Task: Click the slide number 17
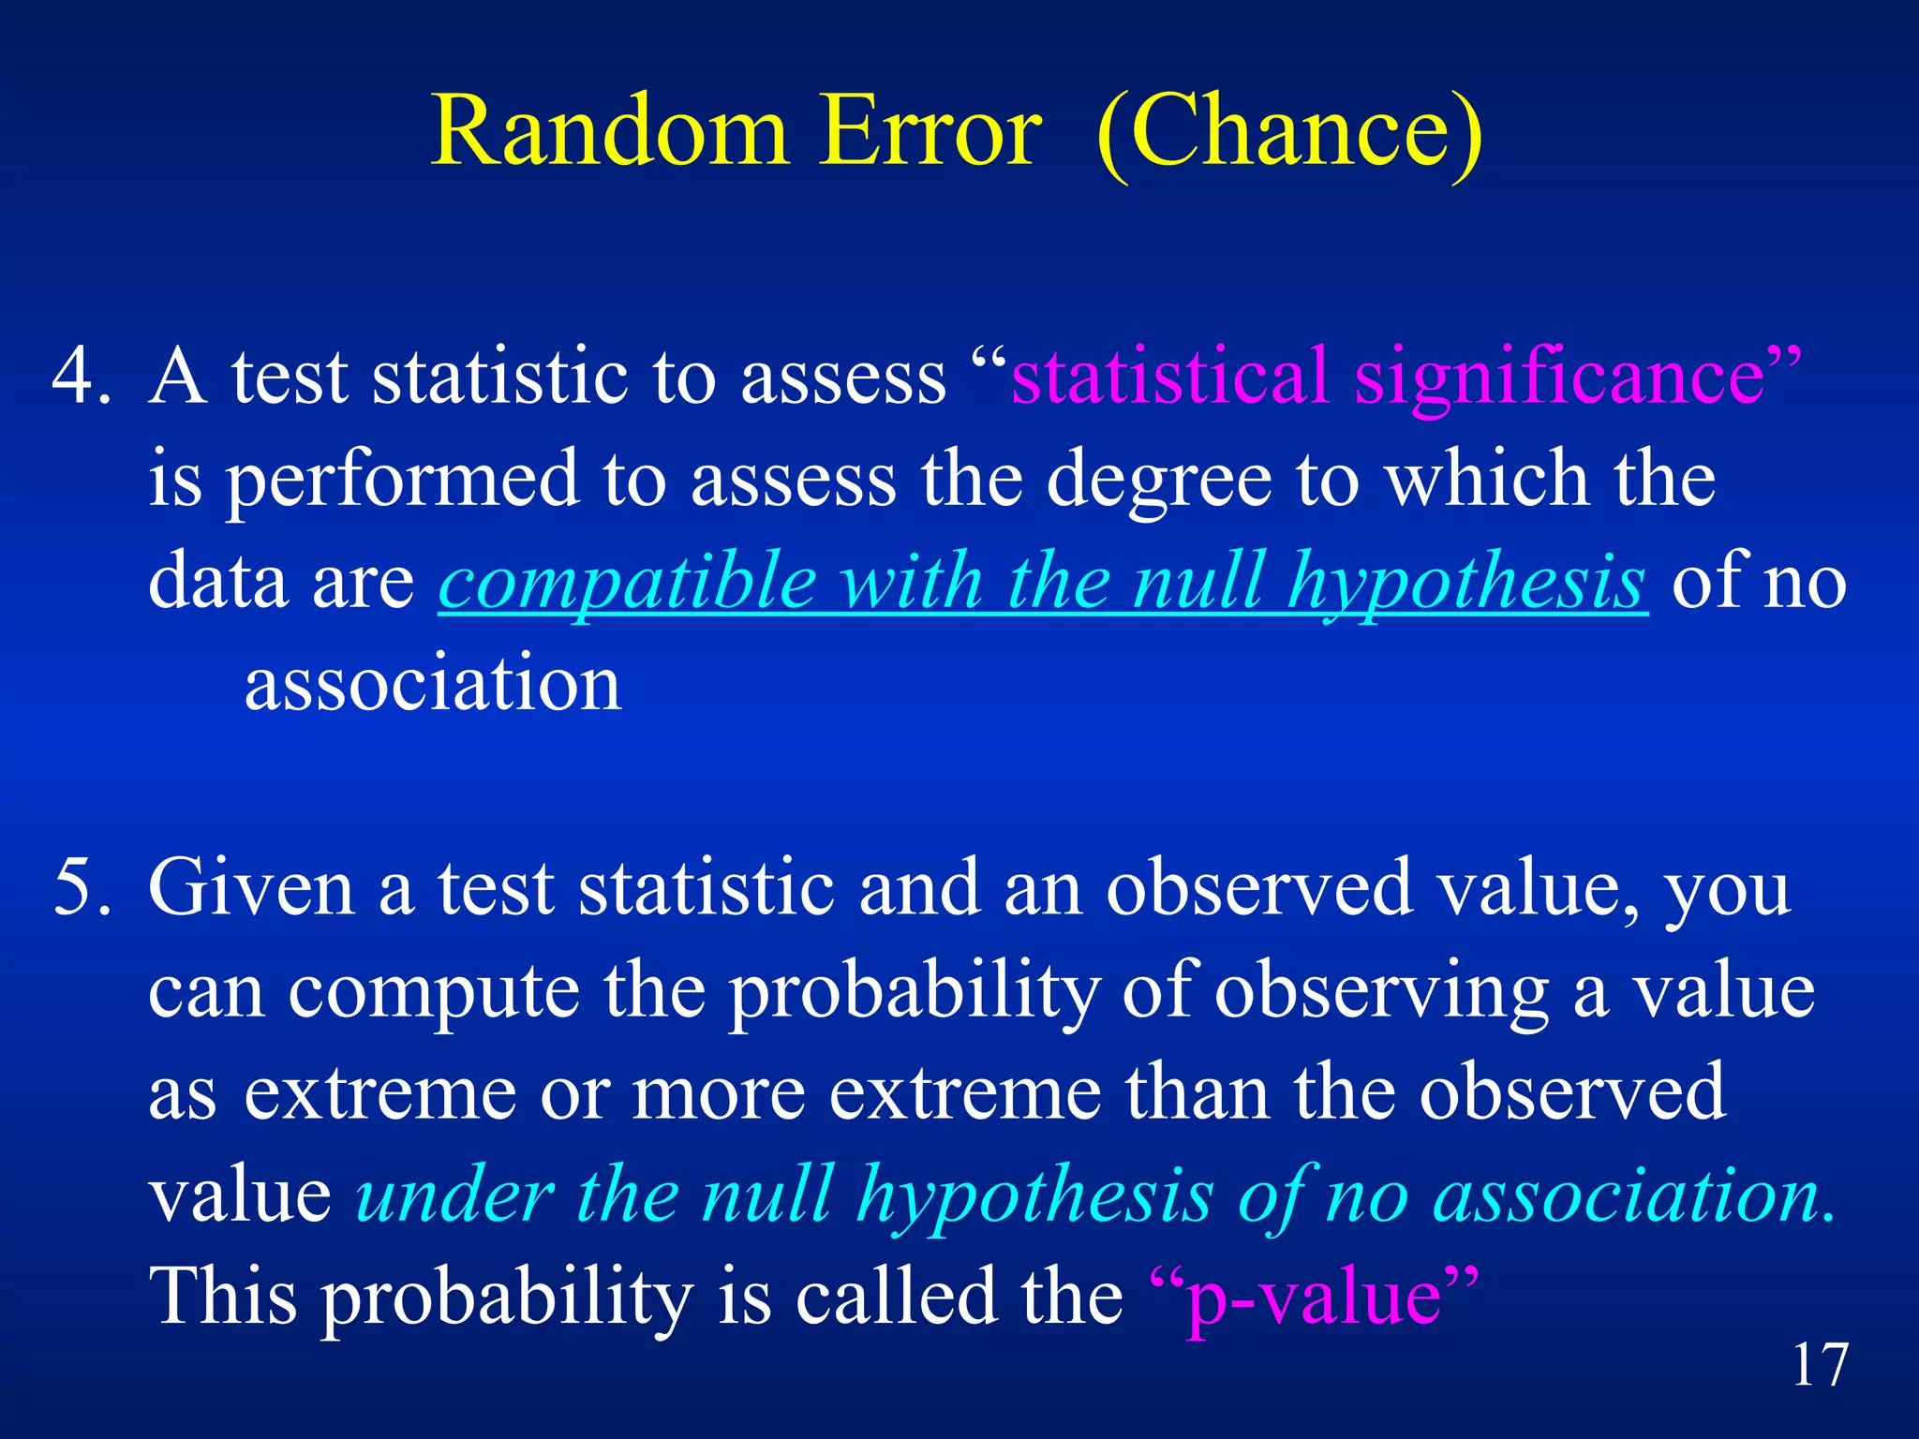coord(1820,1366)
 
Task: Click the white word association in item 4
coord(433,684)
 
